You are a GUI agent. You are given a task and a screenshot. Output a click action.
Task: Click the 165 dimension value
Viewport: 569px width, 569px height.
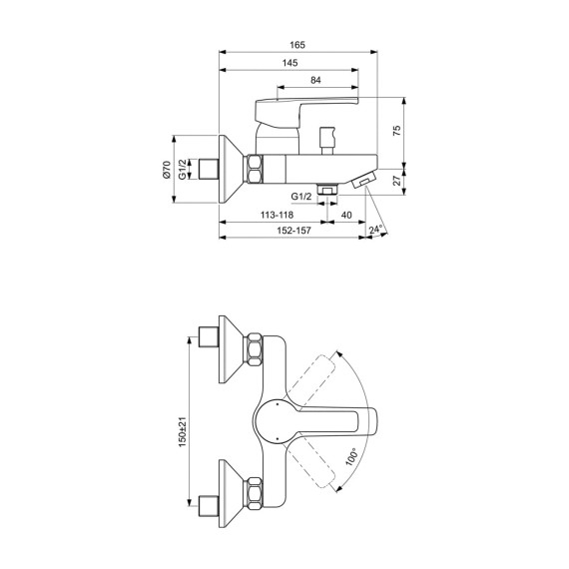297,45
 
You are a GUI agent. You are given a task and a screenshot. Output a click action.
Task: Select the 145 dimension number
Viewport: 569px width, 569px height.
289,63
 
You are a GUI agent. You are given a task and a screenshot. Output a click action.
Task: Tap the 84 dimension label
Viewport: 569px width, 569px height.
315,80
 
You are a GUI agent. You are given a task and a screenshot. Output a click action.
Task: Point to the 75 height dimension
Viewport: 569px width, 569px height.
397,131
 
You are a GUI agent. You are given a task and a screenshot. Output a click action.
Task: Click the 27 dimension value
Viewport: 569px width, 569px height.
397,180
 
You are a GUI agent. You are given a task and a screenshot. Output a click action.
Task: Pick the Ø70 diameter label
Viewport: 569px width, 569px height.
166,169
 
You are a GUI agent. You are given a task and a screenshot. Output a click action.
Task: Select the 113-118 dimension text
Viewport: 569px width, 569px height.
277,215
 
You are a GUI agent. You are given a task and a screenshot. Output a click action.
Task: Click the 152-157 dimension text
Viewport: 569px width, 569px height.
293,231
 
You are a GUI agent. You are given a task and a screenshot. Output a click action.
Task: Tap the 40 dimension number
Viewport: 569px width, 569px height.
346,215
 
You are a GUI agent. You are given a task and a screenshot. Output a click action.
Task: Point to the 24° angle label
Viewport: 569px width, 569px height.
376,230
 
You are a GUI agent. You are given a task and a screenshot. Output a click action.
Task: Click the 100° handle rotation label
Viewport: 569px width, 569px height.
351,457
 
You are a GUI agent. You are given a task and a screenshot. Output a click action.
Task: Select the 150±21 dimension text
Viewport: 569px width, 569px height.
183,432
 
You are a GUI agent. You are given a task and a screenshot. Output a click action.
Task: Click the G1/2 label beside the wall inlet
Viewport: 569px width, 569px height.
183,169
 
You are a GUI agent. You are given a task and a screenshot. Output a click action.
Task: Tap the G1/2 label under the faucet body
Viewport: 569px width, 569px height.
301,197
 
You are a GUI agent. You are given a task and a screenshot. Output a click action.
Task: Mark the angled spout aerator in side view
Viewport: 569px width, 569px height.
364,180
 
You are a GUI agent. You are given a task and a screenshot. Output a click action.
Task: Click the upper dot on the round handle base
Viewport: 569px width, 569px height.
277,403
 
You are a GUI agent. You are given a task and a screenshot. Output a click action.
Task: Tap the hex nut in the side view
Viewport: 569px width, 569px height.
256,169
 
